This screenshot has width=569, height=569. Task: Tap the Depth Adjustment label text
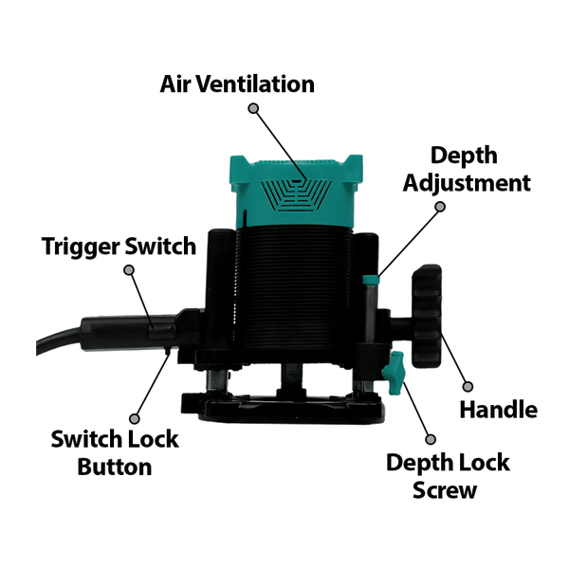coord(466,168)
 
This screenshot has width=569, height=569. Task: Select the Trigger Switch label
coord(105,247)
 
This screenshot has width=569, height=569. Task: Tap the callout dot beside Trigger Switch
coord(130,270)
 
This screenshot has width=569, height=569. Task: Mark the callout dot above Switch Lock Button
coord(133,418)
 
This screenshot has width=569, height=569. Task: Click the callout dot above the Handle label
coord(466,387)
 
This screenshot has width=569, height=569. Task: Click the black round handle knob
coord(429,317)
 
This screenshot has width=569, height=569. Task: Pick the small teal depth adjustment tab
coord(371,280)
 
